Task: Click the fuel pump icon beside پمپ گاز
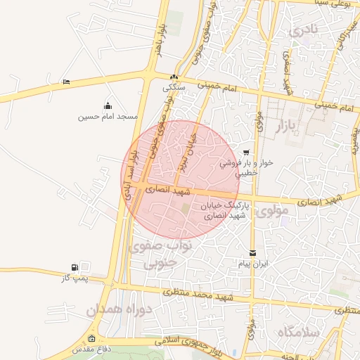75,267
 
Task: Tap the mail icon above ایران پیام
252,252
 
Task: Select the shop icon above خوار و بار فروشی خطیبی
245,153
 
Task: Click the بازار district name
299,127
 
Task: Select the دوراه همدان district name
115,310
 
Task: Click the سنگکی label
174,88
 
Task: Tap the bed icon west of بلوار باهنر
66,82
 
